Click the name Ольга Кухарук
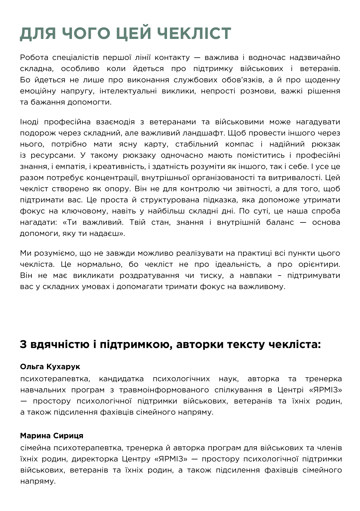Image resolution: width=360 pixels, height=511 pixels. [50, 367]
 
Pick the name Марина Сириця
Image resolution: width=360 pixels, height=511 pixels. [52, 436]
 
